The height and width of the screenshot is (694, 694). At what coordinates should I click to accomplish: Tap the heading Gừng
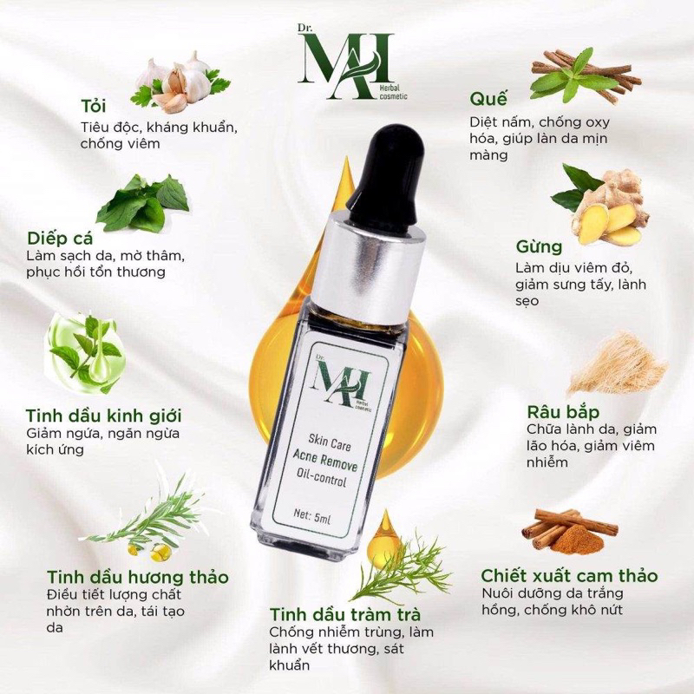point(538,246)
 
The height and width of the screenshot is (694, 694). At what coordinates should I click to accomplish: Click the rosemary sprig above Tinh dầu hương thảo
point(156,516)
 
